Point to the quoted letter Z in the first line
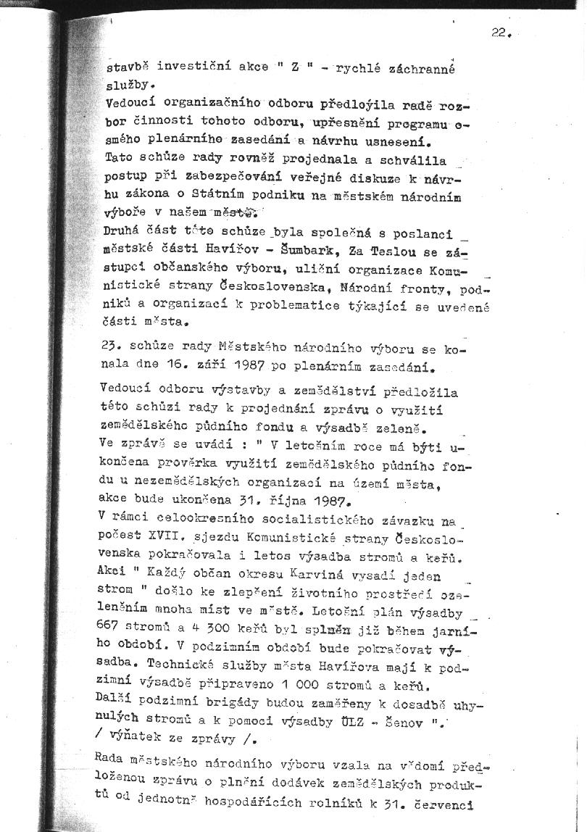tap(295, 69)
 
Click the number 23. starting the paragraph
tap(116, 346)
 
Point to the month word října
tap(278, 499)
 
